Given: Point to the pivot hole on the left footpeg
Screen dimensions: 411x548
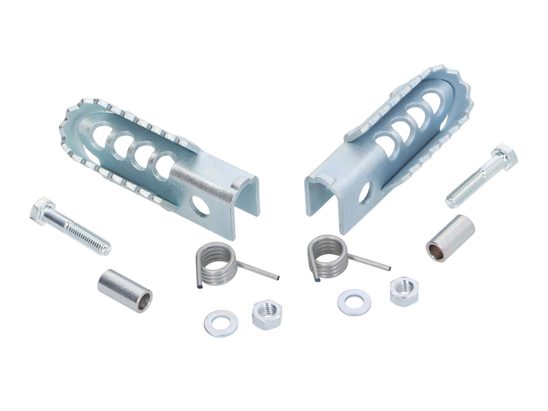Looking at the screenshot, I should (201, 206).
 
